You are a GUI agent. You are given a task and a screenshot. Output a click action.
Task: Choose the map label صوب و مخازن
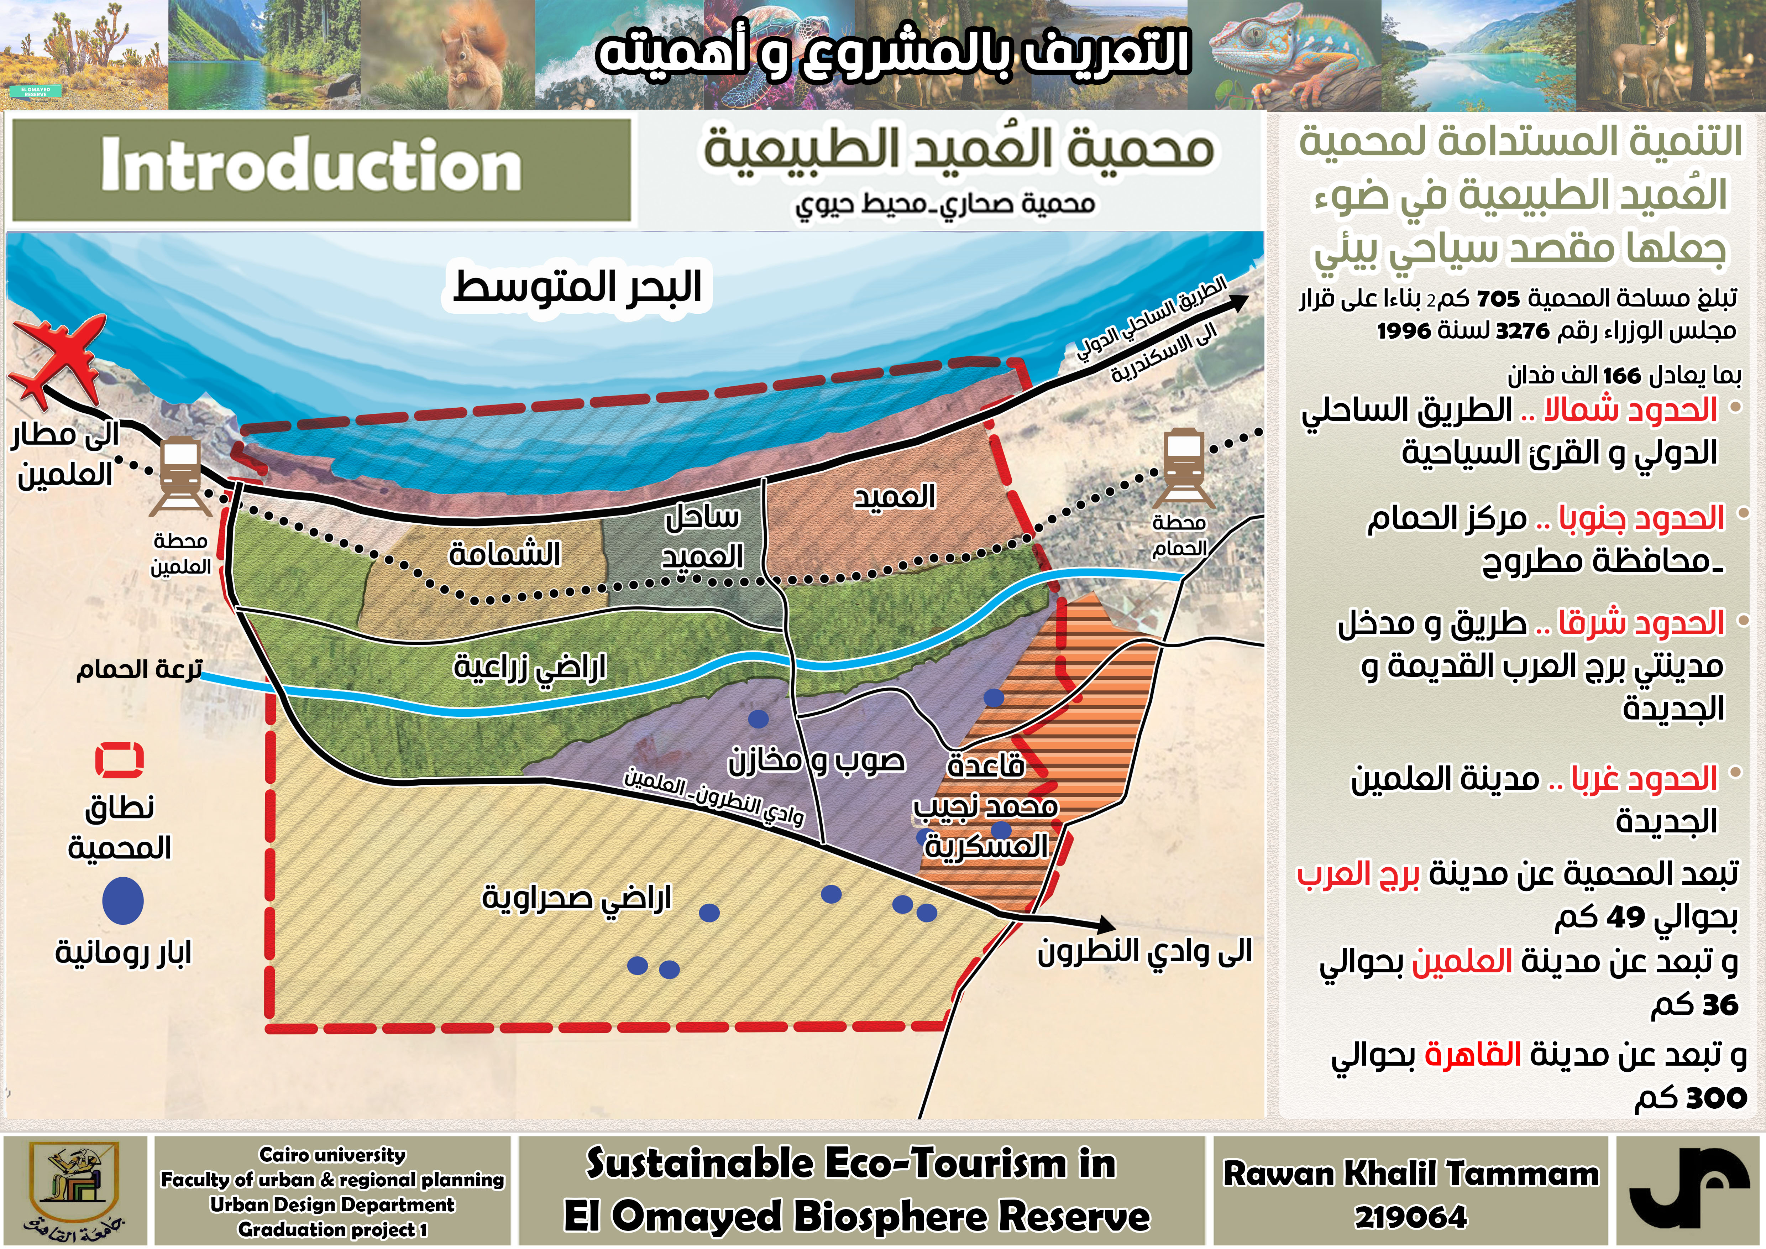[815, 761]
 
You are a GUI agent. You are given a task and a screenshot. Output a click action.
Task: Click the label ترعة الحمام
[138, 669]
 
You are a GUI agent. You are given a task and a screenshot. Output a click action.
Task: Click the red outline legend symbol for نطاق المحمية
[119, 760]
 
